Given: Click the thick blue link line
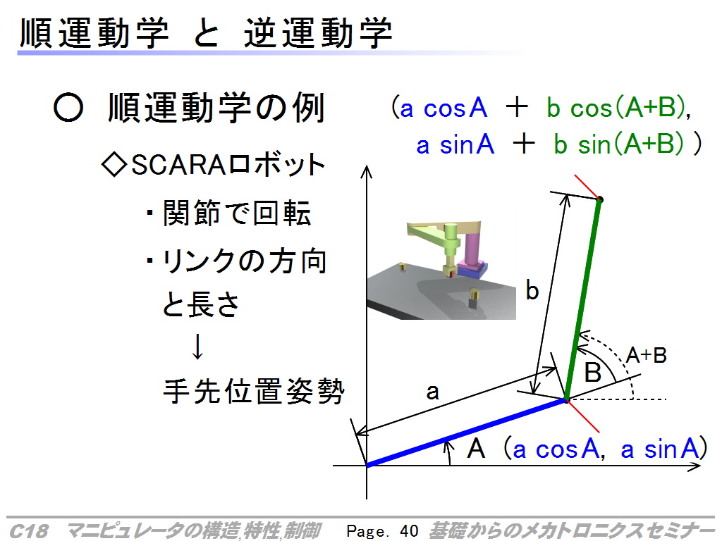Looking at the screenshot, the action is click(x=467, y=433).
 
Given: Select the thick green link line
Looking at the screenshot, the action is click(x=583, y=299).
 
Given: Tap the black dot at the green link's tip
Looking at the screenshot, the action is click(x=599, y=199).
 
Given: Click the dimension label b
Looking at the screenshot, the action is click(x=532, y=291).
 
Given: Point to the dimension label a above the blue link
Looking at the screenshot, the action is click(x=432, y=392).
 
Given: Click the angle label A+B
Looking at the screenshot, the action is click(x=647, y=355).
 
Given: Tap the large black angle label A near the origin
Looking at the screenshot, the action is click(x=476, y=448).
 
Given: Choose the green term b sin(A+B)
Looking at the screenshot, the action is click(x=618, y=144).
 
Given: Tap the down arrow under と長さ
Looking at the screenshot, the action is click(x=197, y=347).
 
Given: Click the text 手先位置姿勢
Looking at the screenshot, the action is click(x=254, y=392).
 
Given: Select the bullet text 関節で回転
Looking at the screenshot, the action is click(x=237, y=213).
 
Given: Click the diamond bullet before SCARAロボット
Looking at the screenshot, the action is click(x=114, y=165).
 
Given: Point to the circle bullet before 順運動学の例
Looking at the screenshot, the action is click(x=68, y=108).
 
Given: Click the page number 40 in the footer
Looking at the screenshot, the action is click(x=409, y=531).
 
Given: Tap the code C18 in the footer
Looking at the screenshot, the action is click(x=28, y=531).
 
